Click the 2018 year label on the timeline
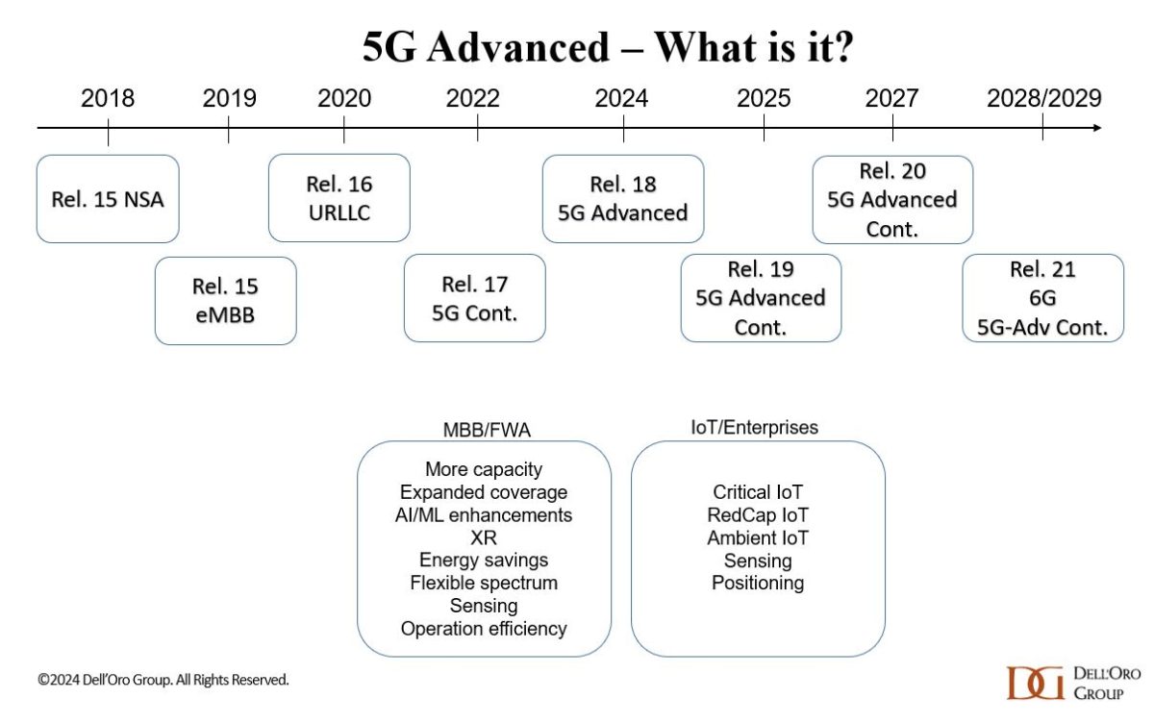pos(108,98)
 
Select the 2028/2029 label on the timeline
pos(1043,98)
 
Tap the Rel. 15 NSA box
pos(108,199)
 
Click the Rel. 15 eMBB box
pos(225,300)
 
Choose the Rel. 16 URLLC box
pos(339,197)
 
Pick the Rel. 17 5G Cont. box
pos(474,298)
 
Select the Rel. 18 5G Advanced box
pos(623,198)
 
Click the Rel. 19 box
pos(761,298)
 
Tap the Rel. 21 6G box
pos(1042,298)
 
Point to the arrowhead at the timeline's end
pos(1096,128)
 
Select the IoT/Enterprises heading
pos(757,428)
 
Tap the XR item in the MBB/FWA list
pos(484,537)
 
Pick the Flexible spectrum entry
pos(484,583)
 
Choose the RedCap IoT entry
pos(758,515)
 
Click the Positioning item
pos(758,583)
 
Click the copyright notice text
pos(163,680)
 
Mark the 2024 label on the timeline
pos(621,98)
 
